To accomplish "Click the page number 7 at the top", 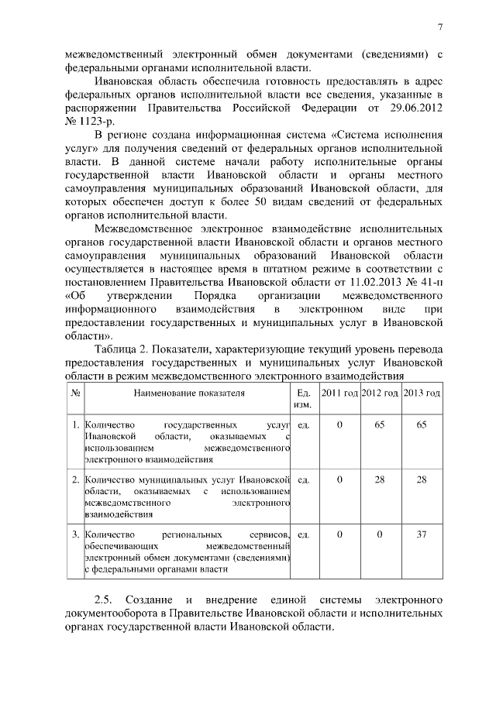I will click(439, 28).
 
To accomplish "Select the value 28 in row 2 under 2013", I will click(422, 480).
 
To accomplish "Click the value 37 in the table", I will click(422, 534).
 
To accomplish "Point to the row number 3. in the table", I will click(76, 534).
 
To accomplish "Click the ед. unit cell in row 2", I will click(304, 480).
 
